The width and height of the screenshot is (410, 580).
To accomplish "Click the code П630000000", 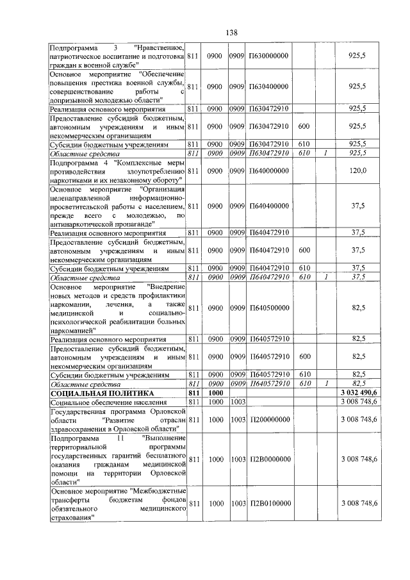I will (x=269, y=56).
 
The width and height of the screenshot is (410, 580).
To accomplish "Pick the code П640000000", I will (x=269, y=171).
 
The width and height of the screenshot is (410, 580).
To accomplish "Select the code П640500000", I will (x=269, y=308).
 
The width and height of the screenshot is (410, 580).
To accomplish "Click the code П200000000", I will (x=269, y=419).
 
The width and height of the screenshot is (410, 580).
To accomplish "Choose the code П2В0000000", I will (x=270, y=459).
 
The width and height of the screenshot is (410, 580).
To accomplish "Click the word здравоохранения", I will (x=81, y=427).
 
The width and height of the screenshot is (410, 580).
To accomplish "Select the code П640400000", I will (x=269, y=206).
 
